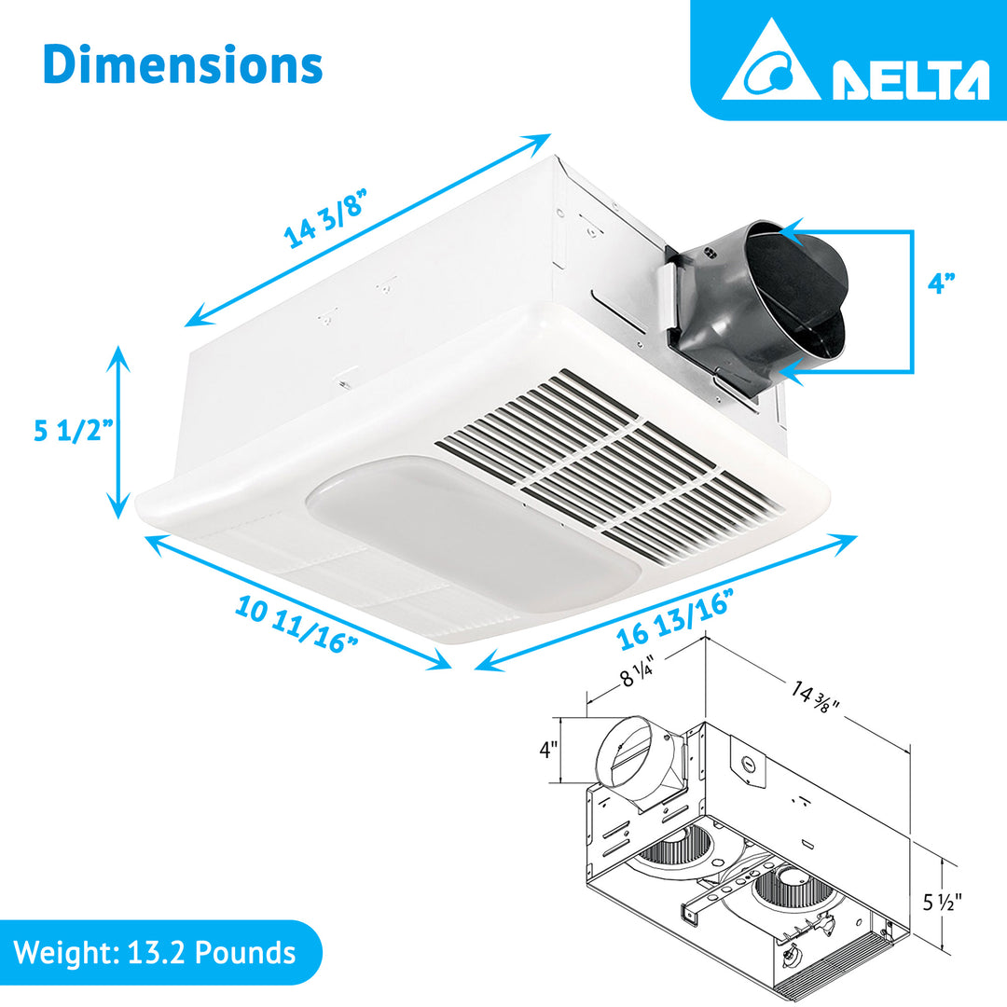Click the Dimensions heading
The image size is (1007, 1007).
point(183,66)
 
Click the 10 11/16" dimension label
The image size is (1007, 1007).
point(297,626)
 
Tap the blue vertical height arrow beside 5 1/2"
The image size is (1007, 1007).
point(118,432)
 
